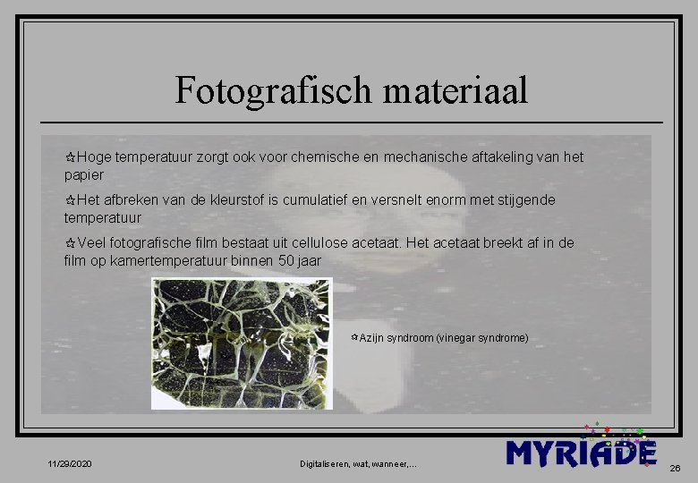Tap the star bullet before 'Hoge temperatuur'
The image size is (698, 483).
coord(70,157)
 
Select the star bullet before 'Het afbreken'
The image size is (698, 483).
coord(70,200)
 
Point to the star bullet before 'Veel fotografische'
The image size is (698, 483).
coord(70,243)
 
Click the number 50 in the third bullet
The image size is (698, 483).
coord(285,260)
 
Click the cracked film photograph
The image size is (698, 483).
coord(241,343)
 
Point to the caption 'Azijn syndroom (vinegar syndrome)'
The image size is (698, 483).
coord(444,338)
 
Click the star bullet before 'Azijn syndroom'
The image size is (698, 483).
coord(354,338)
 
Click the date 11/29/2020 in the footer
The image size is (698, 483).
coord(70,463)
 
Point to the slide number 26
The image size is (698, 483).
coord(675,467)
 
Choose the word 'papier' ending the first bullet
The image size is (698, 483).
coord(84,174)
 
